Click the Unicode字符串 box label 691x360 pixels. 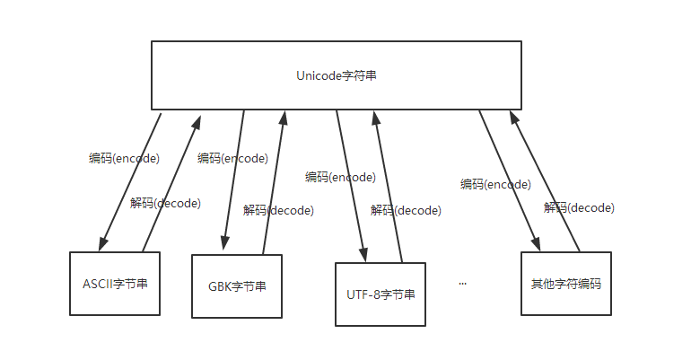coord(337,76)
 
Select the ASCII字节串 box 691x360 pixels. coord(115,284)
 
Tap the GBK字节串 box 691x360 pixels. coord(237,287)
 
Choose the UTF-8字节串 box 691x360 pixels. coord(380,294)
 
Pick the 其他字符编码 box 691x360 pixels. coord(565,284)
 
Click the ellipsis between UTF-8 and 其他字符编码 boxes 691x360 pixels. coord(463,283)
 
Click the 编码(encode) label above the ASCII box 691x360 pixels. coord(124,158)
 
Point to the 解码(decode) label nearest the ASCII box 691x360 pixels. coord(165,203)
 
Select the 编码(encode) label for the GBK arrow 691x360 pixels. coord(232,158)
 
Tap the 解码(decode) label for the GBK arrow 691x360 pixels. coord(278,210)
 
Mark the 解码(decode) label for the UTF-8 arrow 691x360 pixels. coord(406,210)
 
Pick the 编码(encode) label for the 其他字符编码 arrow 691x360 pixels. coord(495,184)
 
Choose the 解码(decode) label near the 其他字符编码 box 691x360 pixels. coord(579,207)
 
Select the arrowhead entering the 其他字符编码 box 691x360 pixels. coord(537,245)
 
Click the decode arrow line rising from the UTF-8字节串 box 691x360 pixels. coord(389,189)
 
